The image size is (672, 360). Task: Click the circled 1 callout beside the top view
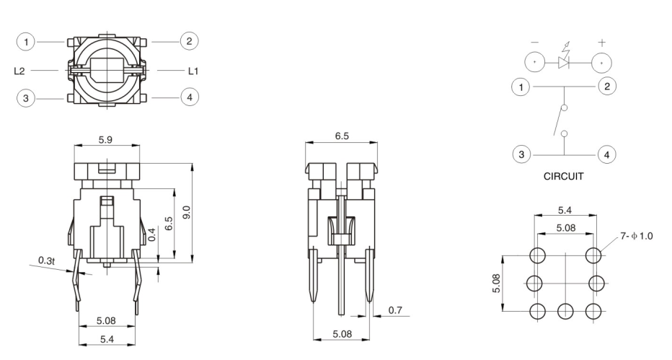[27, 43]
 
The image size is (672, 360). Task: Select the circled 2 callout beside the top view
[190, 41]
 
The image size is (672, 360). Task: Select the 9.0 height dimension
[186, 213]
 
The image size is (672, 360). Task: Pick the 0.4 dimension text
[151, 234]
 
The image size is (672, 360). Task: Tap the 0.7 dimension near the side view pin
[396, 310]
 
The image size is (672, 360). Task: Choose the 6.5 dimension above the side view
[341, 136]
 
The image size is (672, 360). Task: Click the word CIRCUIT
[563, 175]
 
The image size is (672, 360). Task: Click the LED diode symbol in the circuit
[565, 62]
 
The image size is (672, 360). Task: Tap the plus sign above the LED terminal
[602, 43]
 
